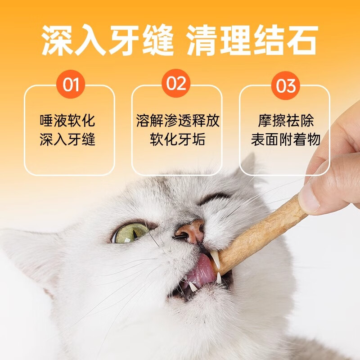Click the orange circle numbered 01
click(x=70, y=84)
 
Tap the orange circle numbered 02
click(x=176, y=84)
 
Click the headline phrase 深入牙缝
click(x=108, y=40)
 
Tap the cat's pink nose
click(x=189, y=230)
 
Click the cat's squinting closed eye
click(x=214, y=198)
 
